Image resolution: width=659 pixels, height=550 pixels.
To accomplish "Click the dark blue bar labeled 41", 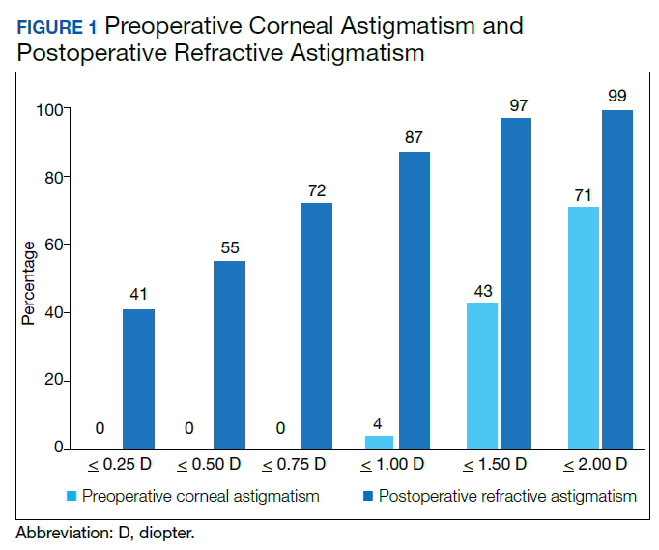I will [x=138, y=379].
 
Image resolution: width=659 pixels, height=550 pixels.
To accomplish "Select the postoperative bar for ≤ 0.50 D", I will [x=229, y=355].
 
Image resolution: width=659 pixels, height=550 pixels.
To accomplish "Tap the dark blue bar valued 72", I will [x=317, y=326].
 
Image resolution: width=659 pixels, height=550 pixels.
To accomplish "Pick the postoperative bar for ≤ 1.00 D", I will [x=414, y=301].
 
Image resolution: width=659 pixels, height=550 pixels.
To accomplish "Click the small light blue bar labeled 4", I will [x=380, y=443].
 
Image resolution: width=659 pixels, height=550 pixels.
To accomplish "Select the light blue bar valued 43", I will [x=481, y=376].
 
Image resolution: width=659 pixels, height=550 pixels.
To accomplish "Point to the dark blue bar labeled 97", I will [x=516, y=283].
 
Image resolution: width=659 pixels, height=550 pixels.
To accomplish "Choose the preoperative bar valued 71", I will [x=583, y=328].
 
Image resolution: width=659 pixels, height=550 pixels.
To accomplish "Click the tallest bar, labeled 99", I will [x=616, y=280].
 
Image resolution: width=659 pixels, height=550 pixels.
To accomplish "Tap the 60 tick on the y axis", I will [x=48, y=245].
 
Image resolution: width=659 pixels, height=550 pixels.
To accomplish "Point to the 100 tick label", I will [x=44, y=109].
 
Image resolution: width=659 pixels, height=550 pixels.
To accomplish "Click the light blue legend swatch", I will [x=70, y=498].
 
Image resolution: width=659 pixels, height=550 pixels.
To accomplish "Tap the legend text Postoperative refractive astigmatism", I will [x=507, y=497].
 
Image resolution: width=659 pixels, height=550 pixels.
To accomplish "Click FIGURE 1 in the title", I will [x=56, y=27].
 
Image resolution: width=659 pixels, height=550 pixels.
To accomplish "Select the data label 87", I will [x=414, y=137].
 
